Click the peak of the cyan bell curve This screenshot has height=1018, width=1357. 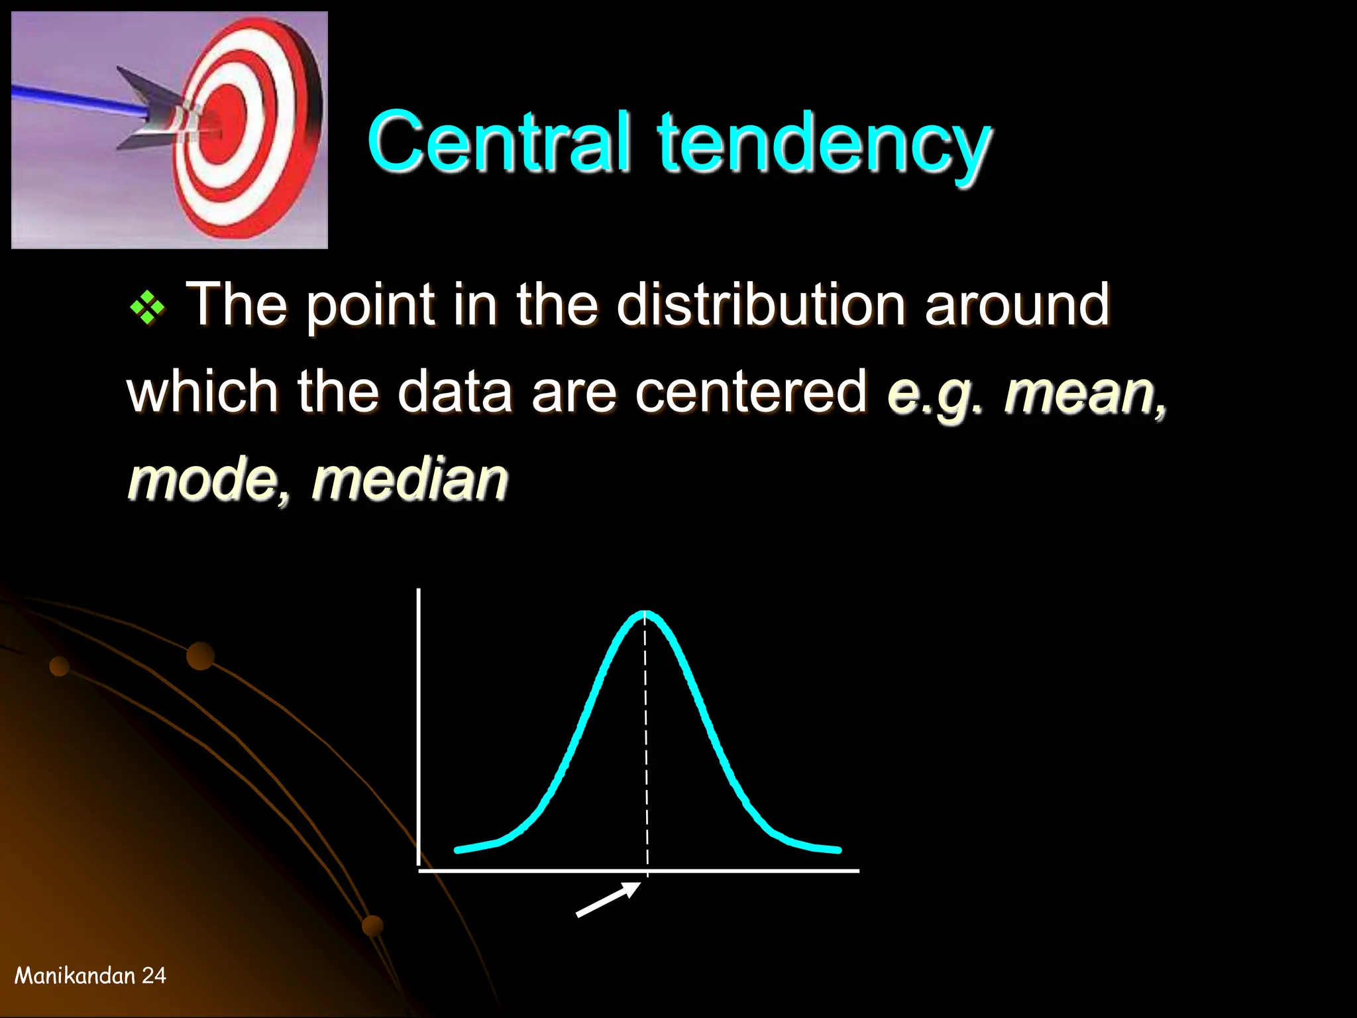point(645,614)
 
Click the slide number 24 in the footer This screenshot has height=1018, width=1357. point(154,976)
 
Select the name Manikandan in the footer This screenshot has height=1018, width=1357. point(75,976)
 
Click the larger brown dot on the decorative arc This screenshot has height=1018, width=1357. point(200,655)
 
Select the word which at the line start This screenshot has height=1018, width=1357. point(201,392)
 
